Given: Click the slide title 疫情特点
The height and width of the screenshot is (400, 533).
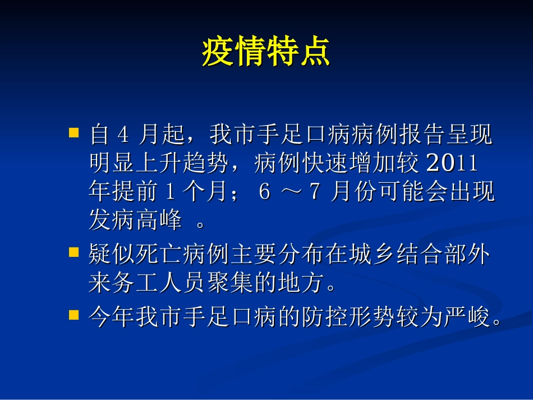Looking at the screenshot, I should tap(266, 53).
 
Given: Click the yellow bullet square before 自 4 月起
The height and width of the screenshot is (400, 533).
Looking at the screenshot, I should tap(73, 134).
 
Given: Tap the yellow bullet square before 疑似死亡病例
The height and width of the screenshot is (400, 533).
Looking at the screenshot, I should tap(73, 254).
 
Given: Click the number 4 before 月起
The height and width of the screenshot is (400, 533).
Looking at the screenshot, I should tap(125, 135).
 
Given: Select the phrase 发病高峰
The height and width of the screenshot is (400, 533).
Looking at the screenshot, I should tap(136, 222).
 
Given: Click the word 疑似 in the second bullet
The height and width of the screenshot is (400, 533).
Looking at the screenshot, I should tap(112, 255).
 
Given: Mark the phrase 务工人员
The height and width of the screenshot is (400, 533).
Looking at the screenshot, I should tap(159, 284).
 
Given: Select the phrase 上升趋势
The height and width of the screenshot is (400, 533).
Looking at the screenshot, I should tap(183, 164).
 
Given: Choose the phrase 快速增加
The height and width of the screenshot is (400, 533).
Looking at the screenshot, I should tap(337, 164).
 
